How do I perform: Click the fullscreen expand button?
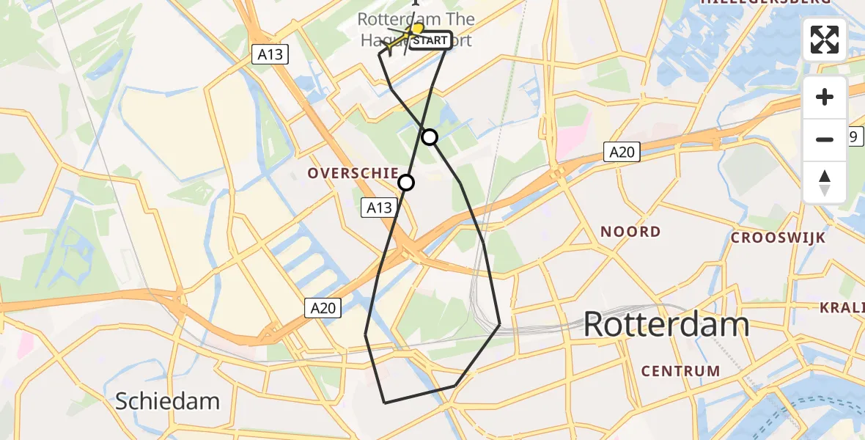click(825, 40)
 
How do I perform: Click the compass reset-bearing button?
click(825, 183)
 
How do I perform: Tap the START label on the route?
click(429, 40)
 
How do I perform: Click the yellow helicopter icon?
click(413, 31)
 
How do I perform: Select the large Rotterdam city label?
click(666, 324)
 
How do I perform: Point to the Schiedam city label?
click(168, 401)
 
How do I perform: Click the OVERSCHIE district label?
click(353, 173)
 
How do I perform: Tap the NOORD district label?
click(630, 232)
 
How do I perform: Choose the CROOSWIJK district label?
click(778, 238)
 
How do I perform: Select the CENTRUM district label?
click(680, 371)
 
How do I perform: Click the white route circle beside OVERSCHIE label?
click(405, 183)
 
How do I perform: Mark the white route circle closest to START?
click(430, 137)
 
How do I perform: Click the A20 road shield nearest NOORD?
click(622, 152)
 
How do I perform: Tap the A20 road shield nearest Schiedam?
click(323, 308)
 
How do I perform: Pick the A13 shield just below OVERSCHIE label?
click(379, 208)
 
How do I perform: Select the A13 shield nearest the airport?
click(270, 54)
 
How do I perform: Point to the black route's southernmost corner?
click(385, 403)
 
